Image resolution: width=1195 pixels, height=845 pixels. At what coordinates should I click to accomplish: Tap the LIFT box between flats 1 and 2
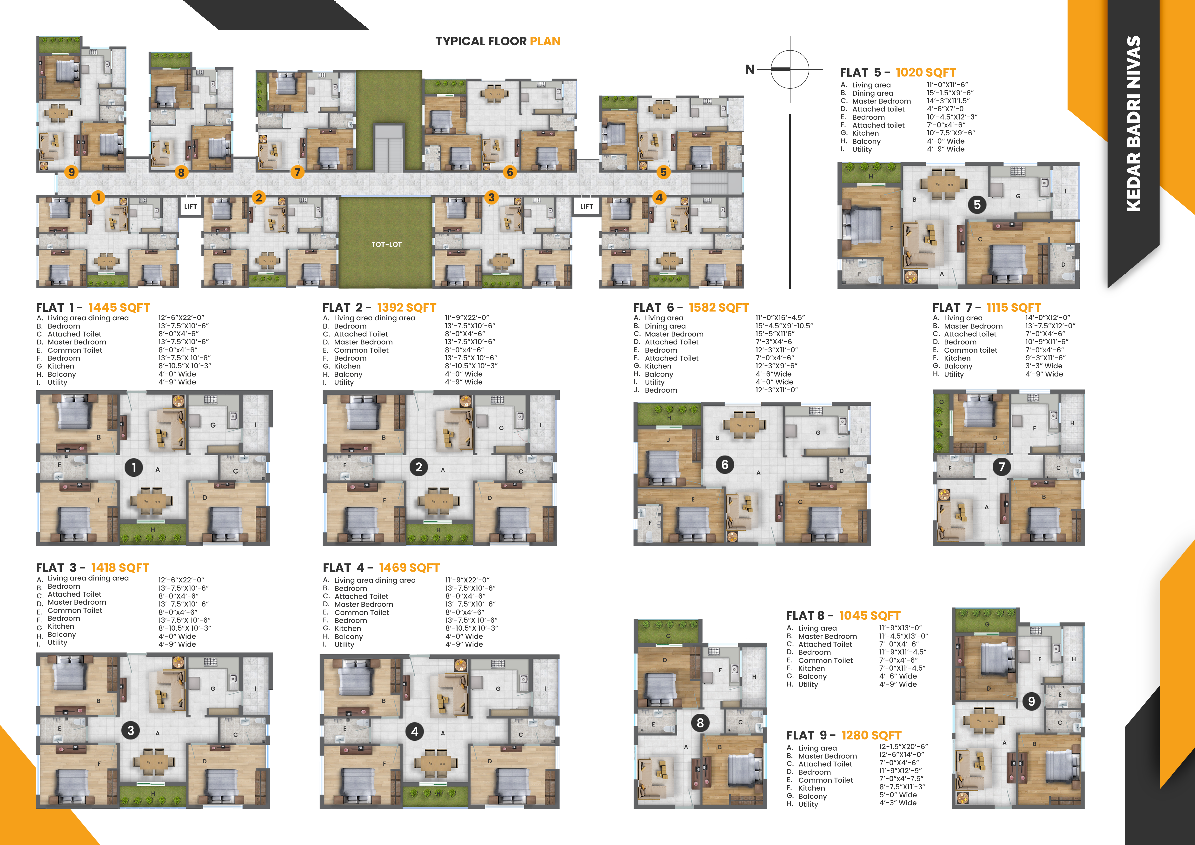click(191, 207)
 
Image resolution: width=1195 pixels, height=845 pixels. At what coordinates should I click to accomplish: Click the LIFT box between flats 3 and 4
click(587, 207)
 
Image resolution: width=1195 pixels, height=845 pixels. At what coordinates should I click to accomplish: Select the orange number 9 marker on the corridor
click(71, 172)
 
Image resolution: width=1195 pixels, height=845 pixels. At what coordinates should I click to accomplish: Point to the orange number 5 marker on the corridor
click(663, 172)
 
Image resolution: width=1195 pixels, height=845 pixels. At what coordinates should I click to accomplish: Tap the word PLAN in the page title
click(545, 41)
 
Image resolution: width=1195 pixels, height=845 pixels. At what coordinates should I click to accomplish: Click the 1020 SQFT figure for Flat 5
click(926, 72)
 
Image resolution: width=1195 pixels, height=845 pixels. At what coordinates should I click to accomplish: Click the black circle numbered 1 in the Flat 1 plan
click(134, 467)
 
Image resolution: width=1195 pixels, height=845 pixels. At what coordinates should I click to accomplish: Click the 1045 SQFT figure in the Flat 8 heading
click(870, 615)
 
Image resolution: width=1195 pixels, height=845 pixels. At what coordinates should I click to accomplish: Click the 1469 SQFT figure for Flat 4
click(409, 568)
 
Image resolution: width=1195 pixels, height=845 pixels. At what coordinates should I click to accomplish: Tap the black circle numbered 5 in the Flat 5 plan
click(977, 205)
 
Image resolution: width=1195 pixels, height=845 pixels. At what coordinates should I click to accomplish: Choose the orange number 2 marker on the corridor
click(259, 197)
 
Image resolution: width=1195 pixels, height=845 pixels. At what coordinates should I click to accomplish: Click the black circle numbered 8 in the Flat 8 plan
click(700, 723)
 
